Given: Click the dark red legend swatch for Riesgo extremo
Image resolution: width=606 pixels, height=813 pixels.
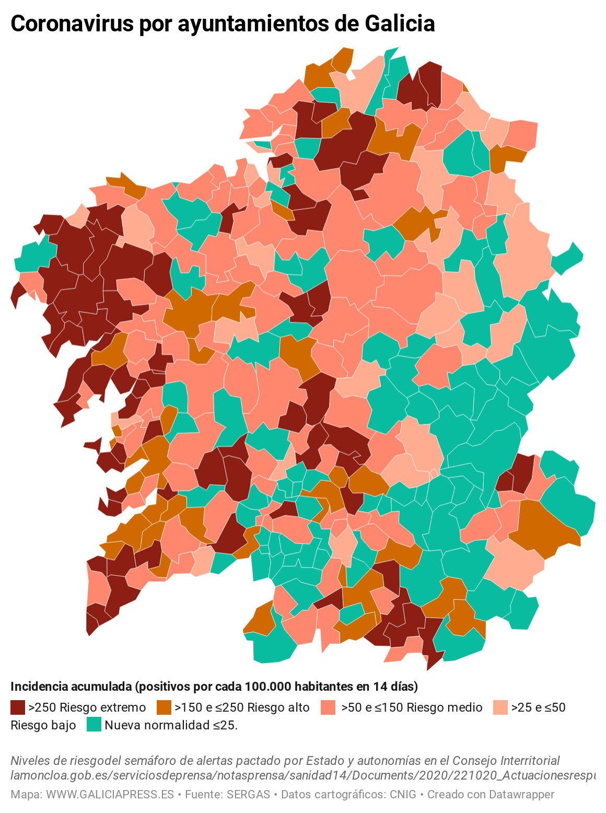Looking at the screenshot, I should pos(18,707).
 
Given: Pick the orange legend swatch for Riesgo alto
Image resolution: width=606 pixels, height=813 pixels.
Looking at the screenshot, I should pos(164,707).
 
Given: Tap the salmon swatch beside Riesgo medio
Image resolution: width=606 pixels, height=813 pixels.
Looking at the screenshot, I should pos(328,707).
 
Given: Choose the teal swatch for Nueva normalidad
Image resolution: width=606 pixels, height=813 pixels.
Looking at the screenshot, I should pos(94,725).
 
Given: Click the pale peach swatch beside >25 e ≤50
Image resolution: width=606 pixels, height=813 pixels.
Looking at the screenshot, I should pos(500,707).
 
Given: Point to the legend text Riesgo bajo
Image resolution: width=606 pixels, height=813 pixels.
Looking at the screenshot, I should pos(43,725).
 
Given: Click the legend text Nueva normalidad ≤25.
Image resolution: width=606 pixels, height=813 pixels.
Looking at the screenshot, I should pos(171,725).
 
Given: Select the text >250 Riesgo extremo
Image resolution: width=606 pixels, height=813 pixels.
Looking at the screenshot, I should pos(87,707).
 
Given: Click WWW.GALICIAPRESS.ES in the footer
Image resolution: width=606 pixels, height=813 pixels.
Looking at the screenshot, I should pos(110,795).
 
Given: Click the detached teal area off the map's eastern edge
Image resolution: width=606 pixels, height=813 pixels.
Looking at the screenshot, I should pos(568,258).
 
